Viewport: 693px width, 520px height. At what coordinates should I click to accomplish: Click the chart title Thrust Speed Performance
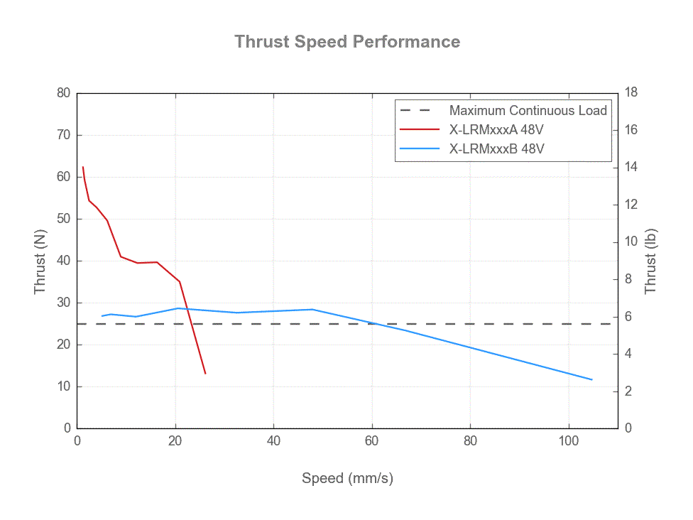coord(347,42)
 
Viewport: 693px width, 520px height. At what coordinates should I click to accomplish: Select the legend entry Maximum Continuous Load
coord(528,111)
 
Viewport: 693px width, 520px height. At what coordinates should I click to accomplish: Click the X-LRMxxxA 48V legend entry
coord(496,130)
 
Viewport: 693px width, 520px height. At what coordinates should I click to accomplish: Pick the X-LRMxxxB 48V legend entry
coord(496,149)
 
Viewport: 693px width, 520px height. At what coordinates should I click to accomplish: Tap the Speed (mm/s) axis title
coord(347,478)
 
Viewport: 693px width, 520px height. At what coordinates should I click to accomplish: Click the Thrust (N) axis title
coord(40,261)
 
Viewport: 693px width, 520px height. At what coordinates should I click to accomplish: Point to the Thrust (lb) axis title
coord(650,261)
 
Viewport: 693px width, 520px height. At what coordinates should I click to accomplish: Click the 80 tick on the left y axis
coord(64,93)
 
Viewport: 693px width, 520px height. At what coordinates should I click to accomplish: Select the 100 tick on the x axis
coord(568,440)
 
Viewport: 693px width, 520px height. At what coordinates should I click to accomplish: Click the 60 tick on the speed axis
coord(372,440)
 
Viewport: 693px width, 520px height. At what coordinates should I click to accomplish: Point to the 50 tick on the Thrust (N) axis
coord(64,219)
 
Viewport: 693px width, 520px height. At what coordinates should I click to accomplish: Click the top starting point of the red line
coord(83,167)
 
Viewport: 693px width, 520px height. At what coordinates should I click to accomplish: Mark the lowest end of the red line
coord(205,374)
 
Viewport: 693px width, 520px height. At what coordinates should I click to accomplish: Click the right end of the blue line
coord(591,379)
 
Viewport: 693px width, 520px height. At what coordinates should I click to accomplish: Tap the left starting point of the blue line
coord(102,316)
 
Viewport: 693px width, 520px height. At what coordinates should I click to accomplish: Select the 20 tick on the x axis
coord(175,440)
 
